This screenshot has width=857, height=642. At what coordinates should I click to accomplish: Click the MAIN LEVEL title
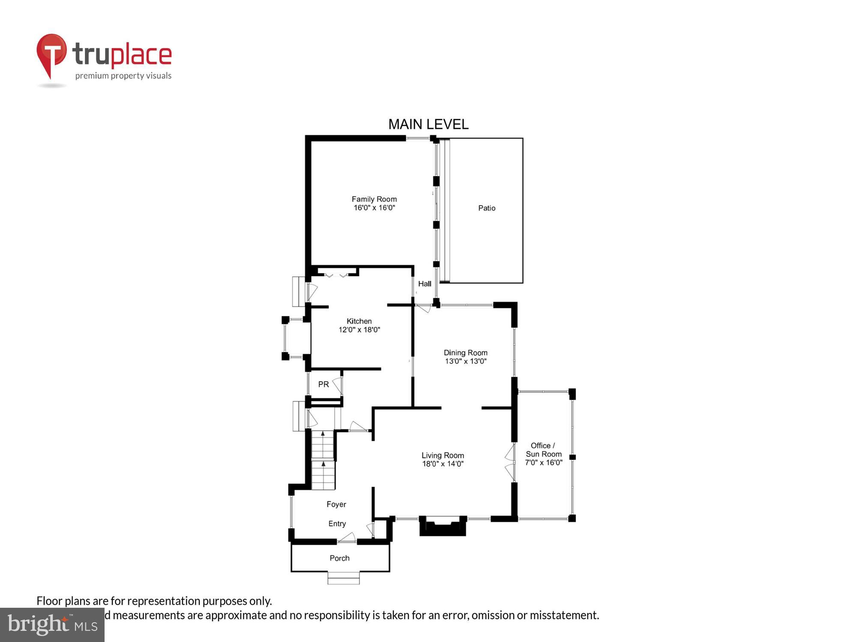pos(428,125)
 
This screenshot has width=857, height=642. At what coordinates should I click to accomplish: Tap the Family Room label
pos(374,199)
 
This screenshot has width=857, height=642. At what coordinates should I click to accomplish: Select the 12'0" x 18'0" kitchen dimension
pos(359,330)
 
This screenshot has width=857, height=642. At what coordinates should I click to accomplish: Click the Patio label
pos(486,208)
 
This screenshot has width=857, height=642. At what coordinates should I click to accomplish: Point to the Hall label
pos(424,284)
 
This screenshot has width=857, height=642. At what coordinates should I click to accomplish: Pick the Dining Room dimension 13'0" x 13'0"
pos(465,361)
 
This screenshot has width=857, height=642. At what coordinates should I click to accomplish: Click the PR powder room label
pos(324,384)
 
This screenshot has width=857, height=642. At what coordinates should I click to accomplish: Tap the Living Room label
pos(443,455)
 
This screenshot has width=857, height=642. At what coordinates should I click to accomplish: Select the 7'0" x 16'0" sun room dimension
pos(543,463)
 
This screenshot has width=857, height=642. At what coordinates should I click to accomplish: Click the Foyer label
pos(336,504)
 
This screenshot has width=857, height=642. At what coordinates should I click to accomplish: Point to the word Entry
pos(337,523)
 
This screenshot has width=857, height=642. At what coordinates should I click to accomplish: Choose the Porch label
pos(339,558)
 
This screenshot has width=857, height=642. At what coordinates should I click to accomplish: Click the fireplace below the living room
pos(443,526)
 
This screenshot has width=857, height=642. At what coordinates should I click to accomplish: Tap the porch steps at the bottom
pos(343,578)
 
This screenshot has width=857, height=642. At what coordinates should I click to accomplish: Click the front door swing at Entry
pos(348,538)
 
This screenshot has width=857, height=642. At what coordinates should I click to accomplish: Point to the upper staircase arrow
pos(323,434)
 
